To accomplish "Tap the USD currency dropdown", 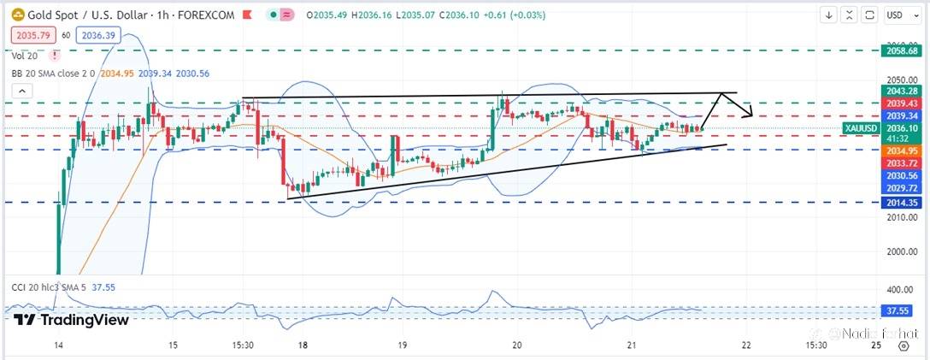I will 897,15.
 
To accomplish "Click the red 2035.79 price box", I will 32,35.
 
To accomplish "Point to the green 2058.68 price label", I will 902,51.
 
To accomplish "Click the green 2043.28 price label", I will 902,91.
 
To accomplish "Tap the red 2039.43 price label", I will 902,103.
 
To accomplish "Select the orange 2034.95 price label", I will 902,150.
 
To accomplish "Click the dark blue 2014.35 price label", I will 902,203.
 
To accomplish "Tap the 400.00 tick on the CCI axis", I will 901,291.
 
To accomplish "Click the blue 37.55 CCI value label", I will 902,311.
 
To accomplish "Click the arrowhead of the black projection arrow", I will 750,115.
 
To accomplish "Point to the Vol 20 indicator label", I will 24,56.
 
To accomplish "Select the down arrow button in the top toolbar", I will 828,15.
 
